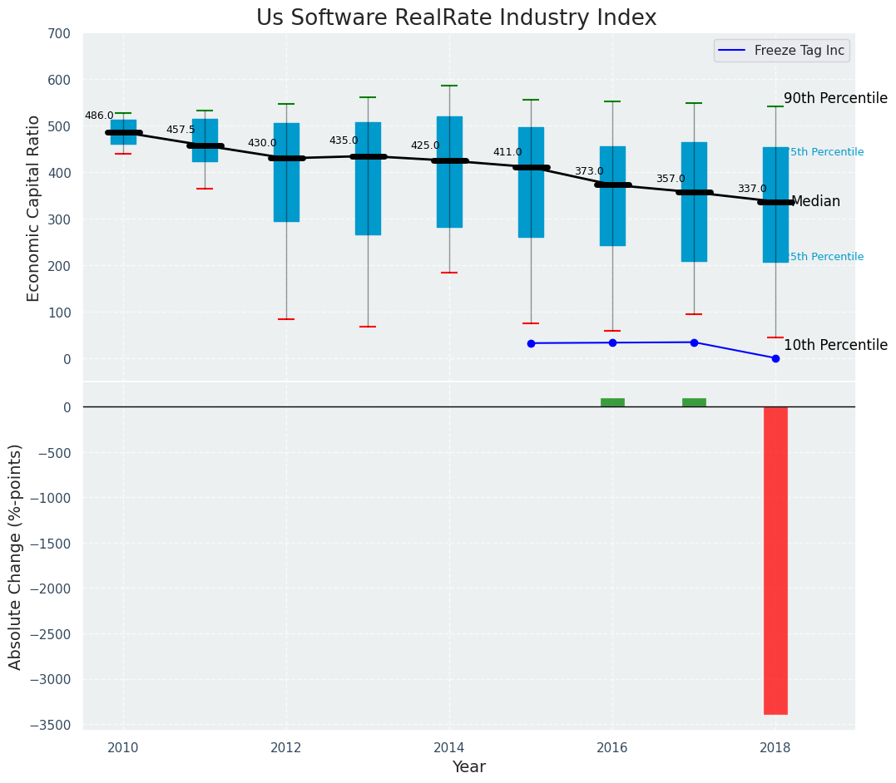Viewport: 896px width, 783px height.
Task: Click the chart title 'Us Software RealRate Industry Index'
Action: point(456,18)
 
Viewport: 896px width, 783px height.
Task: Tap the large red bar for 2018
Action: point(775,560)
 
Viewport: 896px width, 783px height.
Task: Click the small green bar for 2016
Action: point(612,402)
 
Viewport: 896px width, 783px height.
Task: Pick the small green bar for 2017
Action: point(694,402)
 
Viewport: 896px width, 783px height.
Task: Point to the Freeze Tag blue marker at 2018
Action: point(775,358)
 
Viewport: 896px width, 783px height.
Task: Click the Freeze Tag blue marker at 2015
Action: point(531,343)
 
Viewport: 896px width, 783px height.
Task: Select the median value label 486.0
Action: point(99,116)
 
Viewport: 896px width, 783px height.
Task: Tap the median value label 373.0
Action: point(589,171)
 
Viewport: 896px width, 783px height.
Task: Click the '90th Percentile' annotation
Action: point(835,98)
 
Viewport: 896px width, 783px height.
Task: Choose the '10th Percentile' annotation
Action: point(835,345)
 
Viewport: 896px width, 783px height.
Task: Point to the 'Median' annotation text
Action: point(815,202)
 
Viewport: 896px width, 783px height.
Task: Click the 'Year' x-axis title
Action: point(468,766)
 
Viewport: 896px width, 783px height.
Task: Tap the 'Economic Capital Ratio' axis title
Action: point(34,208)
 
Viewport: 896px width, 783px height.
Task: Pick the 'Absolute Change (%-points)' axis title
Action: point(16,556)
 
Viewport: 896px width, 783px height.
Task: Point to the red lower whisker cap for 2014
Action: point(449,273)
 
